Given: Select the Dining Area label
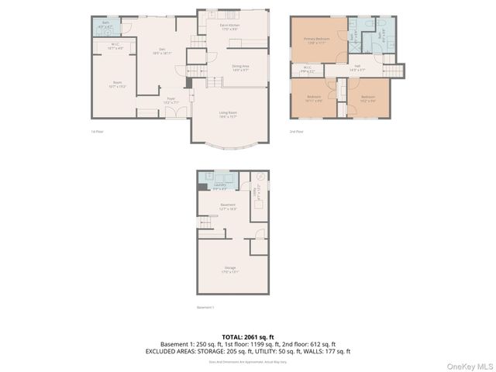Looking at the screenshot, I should [240, 68].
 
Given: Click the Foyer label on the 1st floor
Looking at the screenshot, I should [170, 100].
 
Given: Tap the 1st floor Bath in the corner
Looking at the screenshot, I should [105, 26].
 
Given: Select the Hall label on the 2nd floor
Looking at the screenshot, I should [357, 69].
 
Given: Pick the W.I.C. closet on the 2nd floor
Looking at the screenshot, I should [307, 68].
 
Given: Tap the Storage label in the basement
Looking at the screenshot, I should [230, 270].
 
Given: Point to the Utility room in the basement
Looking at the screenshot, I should [260, 188].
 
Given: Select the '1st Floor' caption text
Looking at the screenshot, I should [97, 133].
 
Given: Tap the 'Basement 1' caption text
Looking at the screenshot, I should [205, 308].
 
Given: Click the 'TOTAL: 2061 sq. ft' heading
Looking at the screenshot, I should [247, 336].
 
